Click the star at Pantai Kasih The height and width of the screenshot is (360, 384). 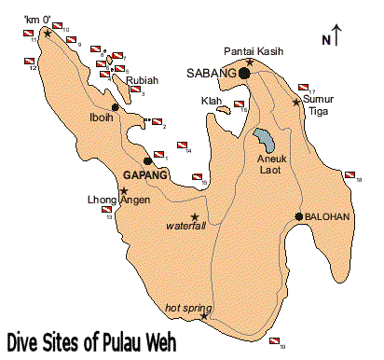pyautogui.click(x=249, y=62)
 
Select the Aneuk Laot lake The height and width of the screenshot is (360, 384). pyautogui.click(x=265, y=141)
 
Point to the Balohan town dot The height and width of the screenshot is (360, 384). pyautogui.click(x=298, y=216)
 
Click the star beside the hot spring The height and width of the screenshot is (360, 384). pyautogui.click(x=204, y=315)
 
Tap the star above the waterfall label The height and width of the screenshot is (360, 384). pyautogui.click(x=195, y=217)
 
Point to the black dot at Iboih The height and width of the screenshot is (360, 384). pyautogui.click(x=116, y=107)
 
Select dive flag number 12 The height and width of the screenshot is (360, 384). pyautogui.click(x=29, y=62)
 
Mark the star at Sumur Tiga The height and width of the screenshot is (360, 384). pyautogui.click(x=297, y=102)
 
